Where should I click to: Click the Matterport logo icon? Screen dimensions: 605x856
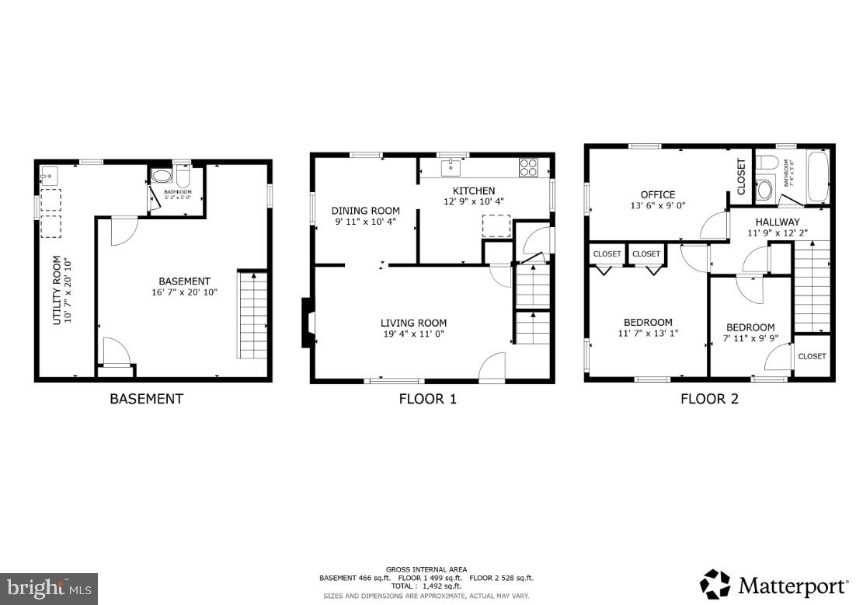pyautogui.click(x=715, y=585)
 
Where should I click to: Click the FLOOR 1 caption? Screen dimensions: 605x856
pyautogui.click(x=428, y=400)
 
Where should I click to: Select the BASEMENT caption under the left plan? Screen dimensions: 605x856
pyautogui.click(x=146, y=399)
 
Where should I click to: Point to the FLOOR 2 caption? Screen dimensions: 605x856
pyautogui.click(x=709, y=400)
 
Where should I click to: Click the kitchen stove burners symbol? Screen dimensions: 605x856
pyautogui.click(x=529, y=166)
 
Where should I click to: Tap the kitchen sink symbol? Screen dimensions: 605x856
pyautogui.click(x=451, y=167)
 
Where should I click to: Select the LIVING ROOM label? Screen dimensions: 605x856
pyautogui.click(x=413, y=323)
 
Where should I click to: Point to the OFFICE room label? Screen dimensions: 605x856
pyautogui.click(x=658, y=194)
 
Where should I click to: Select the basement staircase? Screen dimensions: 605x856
pyautogui.click(x=252, y=314)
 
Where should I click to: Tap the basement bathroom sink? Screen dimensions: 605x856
pyautogui.click(x=161, y=176)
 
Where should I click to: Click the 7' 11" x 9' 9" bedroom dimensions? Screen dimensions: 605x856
pyautogui.click(x=750, y=339)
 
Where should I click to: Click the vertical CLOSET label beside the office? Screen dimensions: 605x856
pyautogui.click(x=740, y=177)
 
